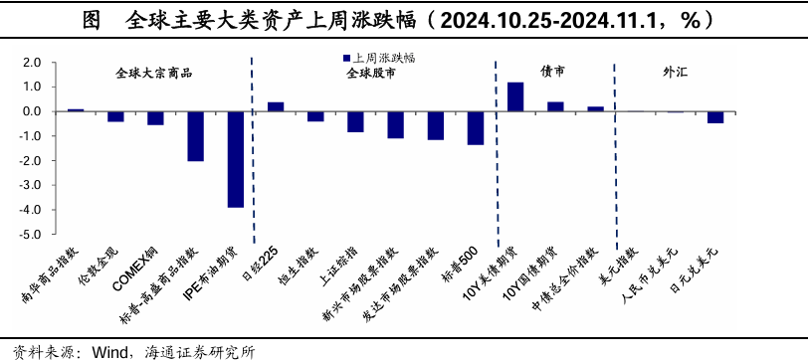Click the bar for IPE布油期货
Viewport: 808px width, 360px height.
236,159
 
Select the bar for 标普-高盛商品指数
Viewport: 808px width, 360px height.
196,136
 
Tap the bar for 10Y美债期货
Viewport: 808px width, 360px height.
515,96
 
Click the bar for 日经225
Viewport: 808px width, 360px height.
276,106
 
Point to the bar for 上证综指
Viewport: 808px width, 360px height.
355,121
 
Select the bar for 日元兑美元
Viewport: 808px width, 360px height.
715,117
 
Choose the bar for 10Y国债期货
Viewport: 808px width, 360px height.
555,106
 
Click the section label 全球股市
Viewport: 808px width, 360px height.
370,74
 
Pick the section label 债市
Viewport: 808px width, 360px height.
553,73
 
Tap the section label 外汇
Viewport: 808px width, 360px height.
676,73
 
